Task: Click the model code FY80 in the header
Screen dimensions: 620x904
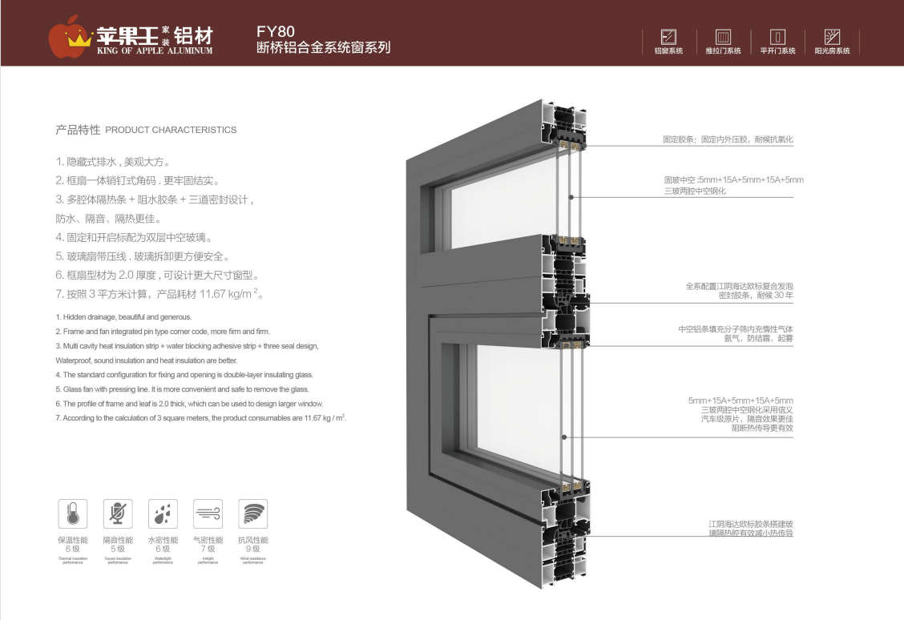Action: coord(270,32)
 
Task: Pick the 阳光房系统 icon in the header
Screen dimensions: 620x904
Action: coord(832,37)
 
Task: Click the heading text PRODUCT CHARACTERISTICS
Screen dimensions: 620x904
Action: coord(171,130)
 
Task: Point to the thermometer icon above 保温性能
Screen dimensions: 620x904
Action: coord(73,513)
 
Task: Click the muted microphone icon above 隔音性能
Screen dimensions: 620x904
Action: coord(118,513)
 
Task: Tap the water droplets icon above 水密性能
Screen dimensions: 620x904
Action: coord(163,513)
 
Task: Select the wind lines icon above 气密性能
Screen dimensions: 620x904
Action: coord(208,513)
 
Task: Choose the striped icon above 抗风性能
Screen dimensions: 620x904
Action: coord(253,513)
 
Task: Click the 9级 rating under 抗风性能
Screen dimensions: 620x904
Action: coord(253,549)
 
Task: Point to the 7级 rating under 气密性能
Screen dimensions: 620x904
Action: coord(208,549)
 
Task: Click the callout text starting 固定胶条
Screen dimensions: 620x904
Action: coord(727,139)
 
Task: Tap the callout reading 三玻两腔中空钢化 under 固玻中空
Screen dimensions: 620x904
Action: coord(695,191)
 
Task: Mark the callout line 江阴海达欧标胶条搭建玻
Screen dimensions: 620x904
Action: coord(745,523)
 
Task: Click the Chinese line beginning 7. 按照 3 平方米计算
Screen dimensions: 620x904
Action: coord(160,295)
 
